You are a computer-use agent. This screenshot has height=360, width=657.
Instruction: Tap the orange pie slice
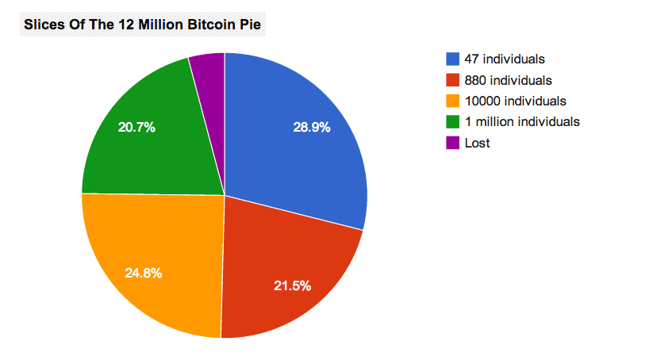pyautogui.click(x=159, y=254)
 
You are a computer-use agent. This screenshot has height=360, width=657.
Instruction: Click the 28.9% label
pyautogui.click(x=311, y=127)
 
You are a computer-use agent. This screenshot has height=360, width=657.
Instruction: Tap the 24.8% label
pyautogui.click(x=144, y=273)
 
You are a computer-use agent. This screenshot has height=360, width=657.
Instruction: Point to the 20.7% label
pyautogui.click(x=136, y=126)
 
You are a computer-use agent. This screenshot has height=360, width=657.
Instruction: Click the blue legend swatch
pyautogui.click(x=452, y=59)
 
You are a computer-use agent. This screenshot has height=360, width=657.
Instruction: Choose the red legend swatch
pyautogui.click(x=452, y=80)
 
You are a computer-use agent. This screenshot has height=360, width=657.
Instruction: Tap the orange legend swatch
pyautogui.click(x=452, y=101)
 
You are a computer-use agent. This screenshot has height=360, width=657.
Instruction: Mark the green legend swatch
pyautogui.click(x=452, y=122)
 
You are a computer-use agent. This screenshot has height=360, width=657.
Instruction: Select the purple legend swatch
pyautogui.click(x=452, y=143)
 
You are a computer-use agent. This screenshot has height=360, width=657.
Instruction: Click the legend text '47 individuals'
pyautogui.click(x=504, y=59)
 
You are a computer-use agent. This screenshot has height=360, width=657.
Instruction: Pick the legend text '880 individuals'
pyautogui.click(x=508, y=80)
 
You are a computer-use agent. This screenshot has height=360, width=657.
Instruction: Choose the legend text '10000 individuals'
pyautogui.click(x=515, y=101)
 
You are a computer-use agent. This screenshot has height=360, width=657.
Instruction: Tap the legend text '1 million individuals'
pyautogui.click(x=522, y=122)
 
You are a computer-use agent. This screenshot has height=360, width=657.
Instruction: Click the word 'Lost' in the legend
pyautogui.click(x=478, y=143)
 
